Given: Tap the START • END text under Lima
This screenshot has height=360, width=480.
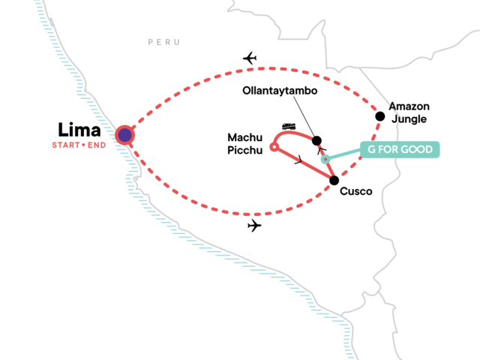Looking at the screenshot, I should (79, 144).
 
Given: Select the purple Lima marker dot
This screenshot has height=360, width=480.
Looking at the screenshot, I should (124, 135).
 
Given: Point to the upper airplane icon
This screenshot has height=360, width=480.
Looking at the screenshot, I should (250, 58).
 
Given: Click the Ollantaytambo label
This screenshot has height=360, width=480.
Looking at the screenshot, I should (275, 91).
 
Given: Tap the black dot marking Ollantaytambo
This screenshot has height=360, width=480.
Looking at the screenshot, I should (316, 140).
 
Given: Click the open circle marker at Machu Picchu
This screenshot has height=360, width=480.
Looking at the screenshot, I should (273, 146).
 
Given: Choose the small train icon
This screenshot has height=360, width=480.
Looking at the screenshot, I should (288, 126).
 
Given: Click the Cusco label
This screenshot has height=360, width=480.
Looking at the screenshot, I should (356, 192).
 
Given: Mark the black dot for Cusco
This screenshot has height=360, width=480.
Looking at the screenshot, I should (334, 180).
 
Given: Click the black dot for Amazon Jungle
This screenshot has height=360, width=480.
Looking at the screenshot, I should (380, 115).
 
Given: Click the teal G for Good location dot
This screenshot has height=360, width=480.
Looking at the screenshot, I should (325, 159).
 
